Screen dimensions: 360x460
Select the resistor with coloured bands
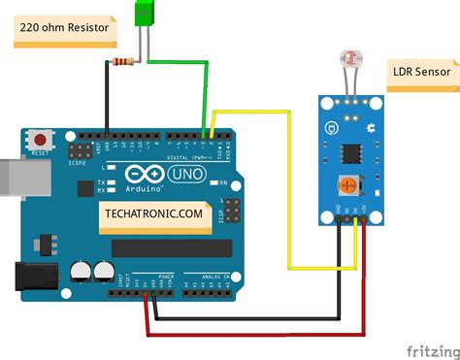tap(121, 63)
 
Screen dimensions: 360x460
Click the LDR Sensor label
tap(422, 71)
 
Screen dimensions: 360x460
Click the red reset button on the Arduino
tap(41, 140)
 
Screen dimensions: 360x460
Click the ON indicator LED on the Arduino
tap(213, 182)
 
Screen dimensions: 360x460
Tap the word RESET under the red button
tap(41, 153)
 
